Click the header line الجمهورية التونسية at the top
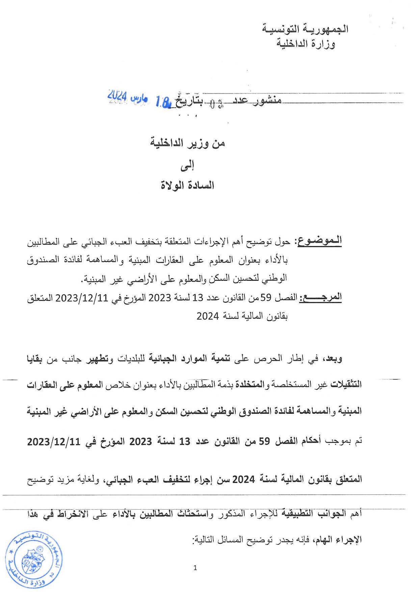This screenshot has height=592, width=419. [305, 29]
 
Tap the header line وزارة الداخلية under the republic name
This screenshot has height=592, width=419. [306, 44]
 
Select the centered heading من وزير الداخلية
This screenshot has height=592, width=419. [187, 143]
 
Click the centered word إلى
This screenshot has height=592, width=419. [187, 166]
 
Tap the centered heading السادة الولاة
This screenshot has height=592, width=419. [187, 185]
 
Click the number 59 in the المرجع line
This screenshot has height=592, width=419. [266, 298]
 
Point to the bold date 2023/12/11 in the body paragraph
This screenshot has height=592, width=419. [54, 441]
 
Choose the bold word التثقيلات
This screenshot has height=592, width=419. [346, 384]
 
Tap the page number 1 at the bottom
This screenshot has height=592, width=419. [195, 568]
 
